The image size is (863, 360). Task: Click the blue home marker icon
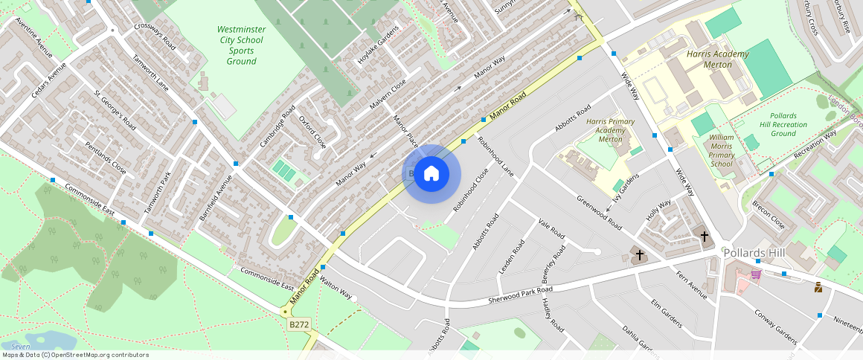coord(431,174)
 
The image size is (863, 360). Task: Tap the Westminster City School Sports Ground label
coord(240,45)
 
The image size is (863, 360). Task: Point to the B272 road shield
coord(298,324)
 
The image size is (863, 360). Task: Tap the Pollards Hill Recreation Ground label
coord(783,124)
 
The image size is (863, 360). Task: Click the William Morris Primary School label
coord(721,150)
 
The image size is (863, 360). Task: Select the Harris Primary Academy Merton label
coord(610,130)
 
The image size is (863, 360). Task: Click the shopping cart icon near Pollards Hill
coord(756,274)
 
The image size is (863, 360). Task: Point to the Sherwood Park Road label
coord(522,293)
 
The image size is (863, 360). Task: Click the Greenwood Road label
coord(600,212)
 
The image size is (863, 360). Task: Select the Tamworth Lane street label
coord(150,73)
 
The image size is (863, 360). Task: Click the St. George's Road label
coord(115,109)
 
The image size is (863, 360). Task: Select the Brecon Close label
coord(768,214)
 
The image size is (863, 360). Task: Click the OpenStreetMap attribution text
coord(74,355)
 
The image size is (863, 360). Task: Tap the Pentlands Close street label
coord(105,157)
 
